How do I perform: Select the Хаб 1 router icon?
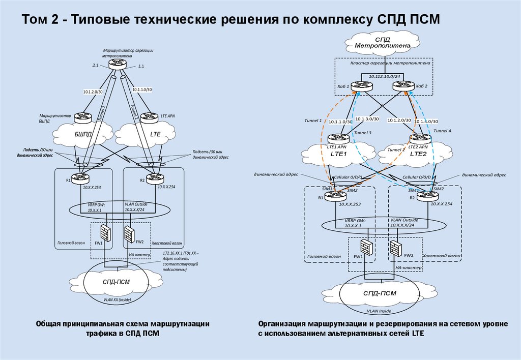pyautogui.click(x=362, y=86)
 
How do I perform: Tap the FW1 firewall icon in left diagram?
pyautogui.click(x=106, y=233)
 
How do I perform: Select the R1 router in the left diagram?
pyautogui.click(x=80, y=178)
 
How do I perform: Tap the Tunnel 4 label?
pyautogui.click(x=442, y=131)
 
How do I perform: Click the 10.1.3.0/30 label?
pyautogui.click(x=368, y=118)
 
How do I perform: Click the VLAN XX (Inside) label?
pyautogui.click(x=118, y=300)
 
